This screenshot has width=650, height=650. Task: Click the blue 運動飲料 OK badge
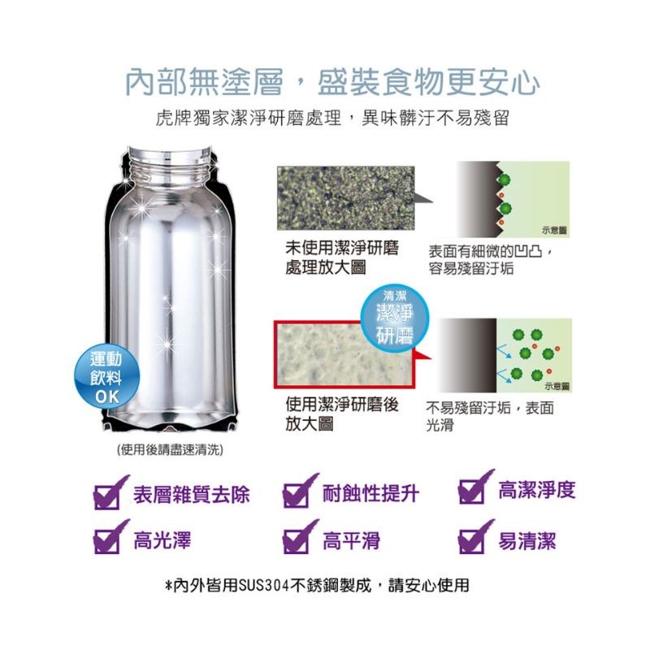click(x=107, y=377)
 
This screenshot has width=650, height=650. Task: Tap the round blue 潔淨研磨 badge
click(x=395, y=318)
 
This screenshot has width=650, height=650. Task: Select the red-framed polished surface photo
click(x=344, y=354)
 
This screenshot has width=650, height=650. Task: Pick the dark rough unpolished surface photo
click(x=346, y=198)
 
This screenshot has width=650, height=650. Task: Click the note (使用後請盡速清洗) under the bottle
click(x=170, y=450)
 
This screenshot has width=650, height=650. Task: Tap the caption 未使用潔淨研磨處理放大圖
click(x=341, y=258)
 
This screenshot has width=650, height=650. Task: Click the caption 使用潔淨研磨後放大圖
click(x=341, y=414)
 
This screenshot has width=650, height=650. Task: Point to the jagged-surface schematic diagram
click(x=513, y=199)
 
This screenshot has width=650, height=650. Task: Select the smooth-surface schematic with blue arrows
click(x=505, y=355)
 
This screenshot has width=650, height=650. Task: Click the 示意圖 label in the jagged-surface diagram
click(x=554, y=231)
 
